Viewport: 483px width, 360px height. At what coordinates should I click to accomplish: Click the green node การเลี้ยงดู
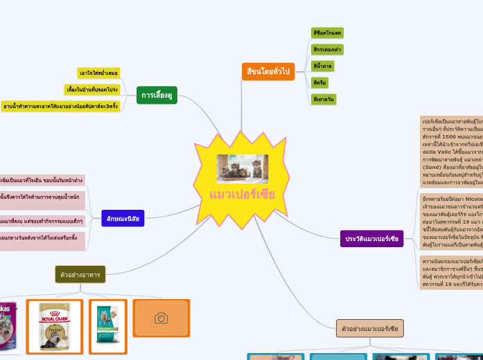[x=157, y=95]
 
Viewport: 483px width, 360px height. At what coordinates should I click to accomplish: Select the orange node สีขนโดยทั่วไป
[x=267, y=71]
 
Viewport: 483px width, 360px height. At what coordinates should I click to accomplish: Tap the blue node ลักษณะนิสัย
[x=123, y=219]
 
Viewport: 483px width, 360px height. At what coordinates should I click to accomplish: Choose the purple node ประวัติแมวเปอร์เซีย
[x=372, y=239]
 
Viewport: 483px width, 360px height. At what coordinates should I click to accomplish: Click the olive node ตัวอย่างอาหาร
[x=80, y=275]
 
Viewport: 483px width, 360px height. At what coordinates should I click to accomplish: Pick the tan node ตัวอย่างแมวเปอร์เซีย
[x=370, y=328]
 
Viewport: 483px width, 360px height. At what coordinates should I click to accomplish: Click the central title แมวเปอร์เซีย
[x=242, y=195]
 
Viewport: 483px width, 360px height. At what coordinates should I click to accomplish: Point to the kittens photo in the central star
[x=242, y=168]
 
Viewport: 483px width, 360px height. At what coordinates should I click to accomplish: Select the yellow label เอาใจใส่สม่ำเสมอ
[x=98, y=73]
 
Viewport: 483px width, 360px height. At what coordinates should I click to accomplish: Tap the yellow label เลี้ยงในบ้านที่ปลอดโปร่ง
[x=91, y=89]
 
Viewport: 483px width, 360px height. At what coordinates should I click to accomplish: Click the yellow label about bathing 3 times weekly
[x=61, y=106]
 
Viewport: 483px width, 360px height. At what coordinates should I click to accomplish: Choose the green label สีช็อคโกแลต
[x=327, y=33]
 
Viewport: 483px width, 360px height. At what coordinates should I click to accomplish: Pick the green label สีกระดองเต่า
[x=327, y=49]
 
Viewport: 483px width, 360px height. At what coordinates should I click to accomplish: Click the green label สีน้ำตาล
[x=323, y=66]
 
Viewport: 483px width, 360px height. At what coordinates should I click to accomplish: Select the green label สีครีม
[x=319, y=82]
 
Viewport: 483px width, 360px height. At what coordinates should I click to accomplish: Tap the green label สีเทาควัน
[x=324, y=99]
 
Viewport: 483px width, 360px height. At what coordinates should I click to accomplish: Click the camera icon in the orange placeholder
[x=161, y=318]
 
